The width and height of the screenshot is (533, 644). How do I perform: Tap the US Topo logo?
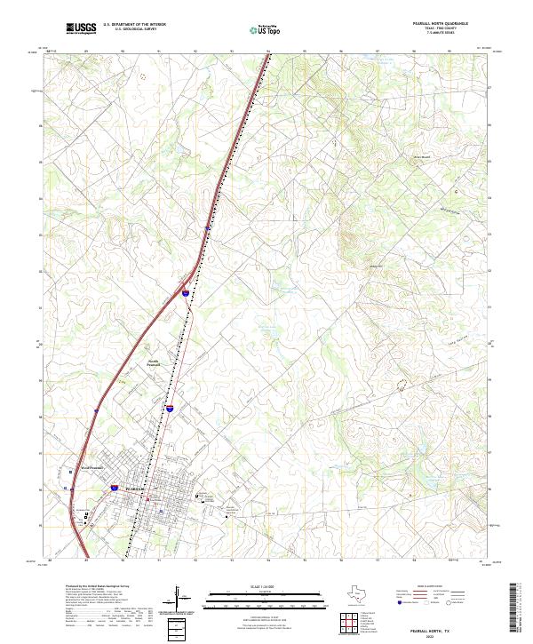(256, 29)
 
